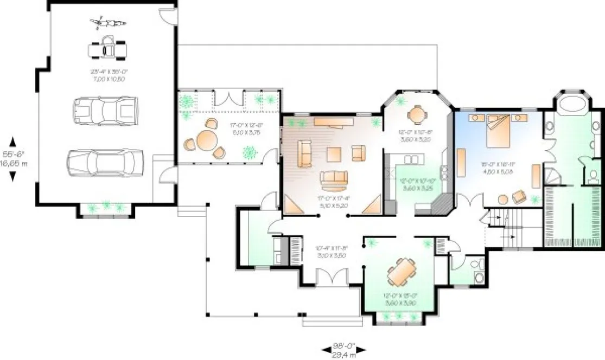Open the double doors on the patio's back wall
227,100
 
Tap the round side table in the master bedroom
502,198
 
